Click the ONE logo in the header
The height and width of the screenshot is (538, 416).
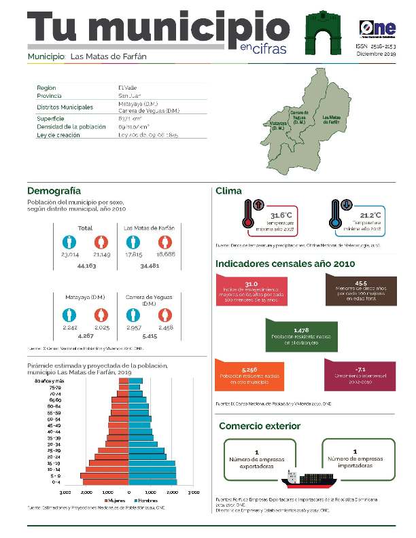(x=377, y=28)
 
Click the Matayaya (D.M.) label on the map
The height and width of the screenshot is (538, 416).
(x=277, y=126)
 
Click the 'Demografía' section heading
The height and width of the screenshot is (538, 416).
(x=54, y=191)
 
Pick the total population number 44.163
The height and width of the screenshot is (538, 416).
(x=85, y=266)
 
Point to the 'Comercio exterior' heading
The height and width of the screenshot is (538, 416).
(x=259, y=426)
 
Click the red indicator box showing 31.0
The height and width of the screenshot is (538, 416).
(x=250, y=290)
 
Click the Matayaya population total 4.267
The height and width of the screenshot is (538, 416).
(x=85, y=336)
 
